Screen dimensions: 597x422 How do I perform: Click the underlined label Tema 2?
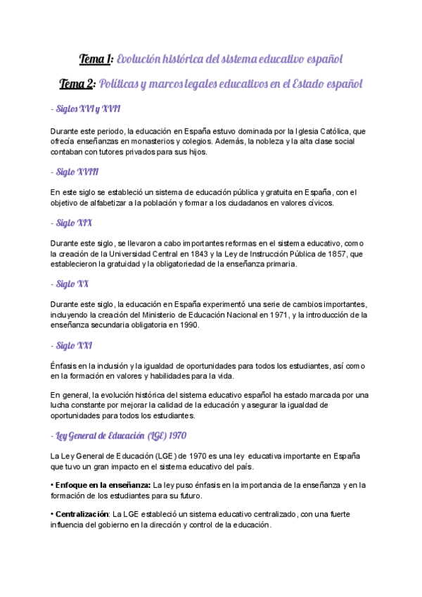click(x=77, y=84)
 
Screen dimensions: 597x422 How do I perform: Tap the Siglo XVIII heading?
click(x=77, y=172)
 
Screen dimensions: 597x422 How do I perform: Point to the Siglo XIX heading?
click(x=74, y=223)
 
